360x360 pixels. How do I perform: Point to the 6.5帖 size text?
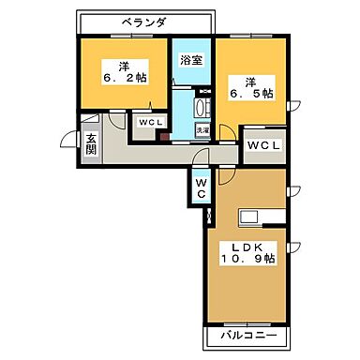[252, 94]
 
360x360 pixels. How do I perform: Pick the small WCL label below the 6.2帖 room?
[147, 123]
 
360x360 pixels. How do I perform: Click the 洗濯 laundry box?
[202, 130]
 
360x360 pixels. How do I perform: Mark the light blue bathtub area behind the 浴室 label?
[191, 70]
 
